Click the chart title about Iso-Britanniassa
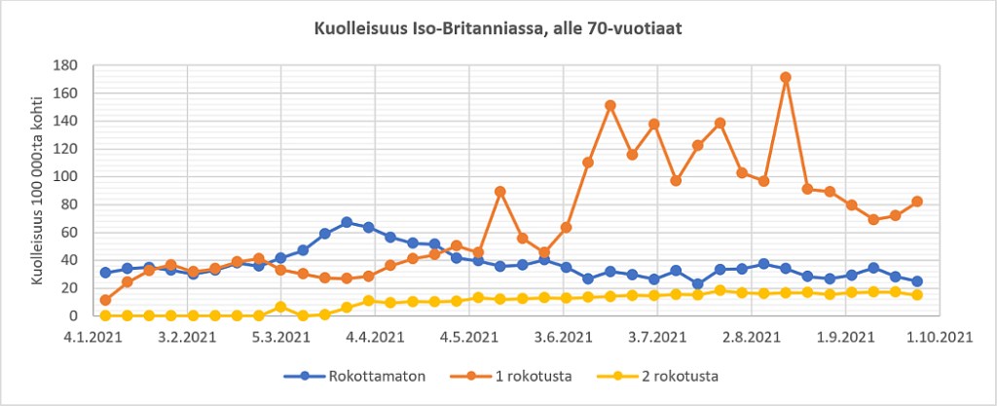498,29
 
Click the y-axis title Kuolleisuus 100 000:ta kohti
40,190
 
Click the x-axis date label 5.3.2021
281,337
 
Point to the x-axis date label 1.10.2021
937,337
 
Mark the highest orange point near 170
786,78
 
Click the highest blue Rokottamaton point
347,222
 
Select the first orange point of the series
105,300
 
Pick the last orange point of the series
917,202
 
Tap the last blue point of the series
917,281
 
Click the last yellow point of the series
917,294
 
